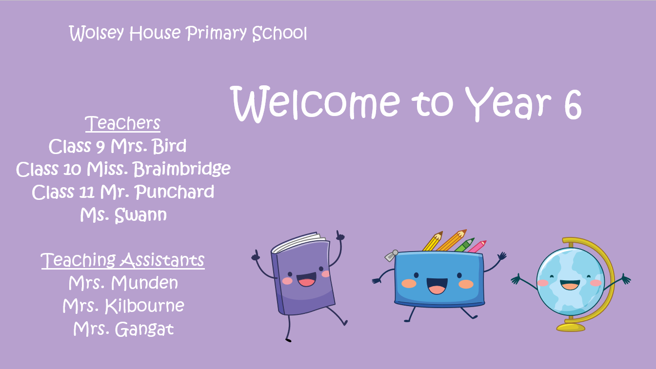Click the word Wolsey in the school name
tap(97, 33)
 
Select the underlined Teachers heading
tap(123, 123)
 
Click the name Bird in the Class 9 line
tap(169, 146)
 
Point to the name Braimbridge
tap(181, 169)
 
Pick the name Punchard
tap(175, 192)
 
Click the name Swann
tap(140, 215)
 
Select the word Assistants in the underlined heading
tap(163, 260)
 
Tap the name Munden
tap(144, 283)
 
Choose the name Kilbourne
tap(144, 306)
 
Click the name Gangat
tap(144, 329)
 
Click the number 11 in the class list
tap(87, 193)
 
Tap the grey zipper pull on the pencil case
tap(391, 256)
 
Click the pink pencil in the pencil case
tap(477, 247)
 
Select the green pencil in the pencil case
tap(464, 245)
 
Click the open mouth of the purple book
tap(306, 279)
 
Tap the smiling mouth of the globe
tap(570, 285)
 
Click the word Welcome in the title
tap(316, 104)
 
